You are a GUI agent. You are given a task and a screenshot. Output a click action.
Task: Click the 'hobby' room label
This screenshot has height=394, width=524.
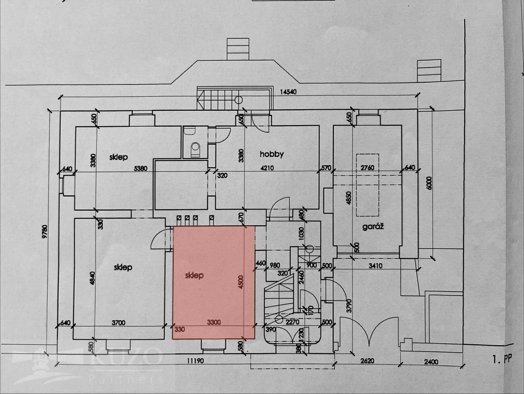271,154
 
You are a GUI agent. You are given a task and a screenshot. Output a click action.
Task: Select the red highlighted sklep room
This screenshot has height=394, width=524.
214,282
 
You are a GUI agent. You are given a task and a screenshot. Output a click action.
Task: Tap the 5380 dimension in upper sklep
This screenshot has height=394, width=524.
140,168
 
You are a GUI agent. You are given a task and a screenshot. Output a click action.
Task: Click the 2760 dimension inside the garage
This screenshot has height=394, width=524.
368,168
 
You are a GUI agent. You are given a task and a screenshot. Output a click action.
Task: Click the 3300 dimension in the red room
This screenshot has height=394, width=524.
214,322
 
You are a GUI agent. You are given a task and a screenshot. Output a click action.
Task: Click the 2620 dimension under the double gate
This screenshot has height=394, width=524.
367,361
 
